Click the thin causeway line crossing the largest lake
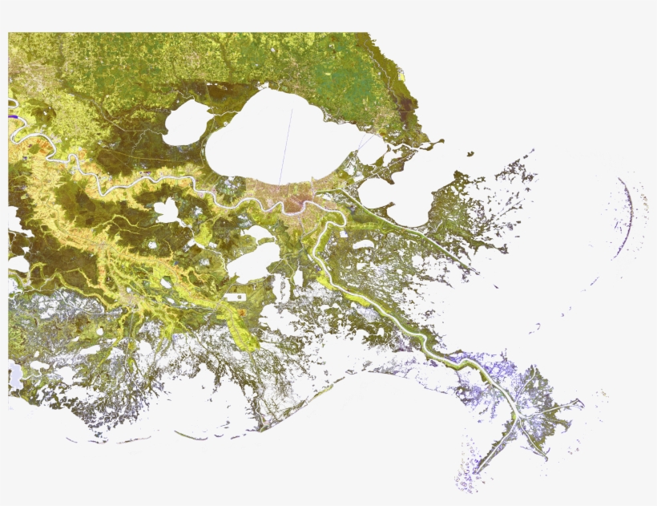(286, 144)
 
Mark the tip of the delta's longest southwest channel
(478, 472)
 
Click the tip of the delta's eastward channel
(580, 403)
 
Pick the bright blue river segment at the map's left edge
(14, 116)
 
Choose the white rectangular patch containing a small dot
(238, 297)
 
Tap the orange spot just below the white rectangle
(242, 311)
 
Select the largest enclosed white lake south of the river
(253, 262)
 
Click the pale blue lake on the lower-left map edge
(15, 374)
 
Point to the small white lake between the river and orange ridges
(167, 211)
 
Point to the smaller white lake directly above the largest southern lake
(259, 233)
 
